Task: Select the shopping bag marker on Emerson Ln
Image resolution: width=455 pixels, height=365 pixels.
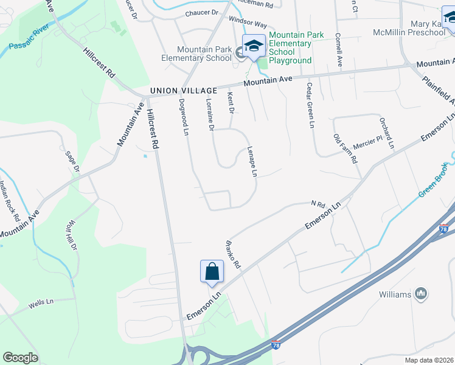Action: (211, 271)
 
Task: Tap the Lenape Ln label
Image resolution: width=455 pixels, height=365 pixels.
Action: (252, 162)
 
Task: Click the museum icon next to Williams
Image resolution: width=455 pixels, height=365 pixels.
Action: (420, 294)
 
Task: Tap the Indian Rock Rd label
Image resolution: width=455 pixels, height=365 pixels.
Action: (9, 201)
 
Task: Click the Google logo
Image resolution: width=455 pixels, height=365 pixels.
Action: (21, 358)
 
